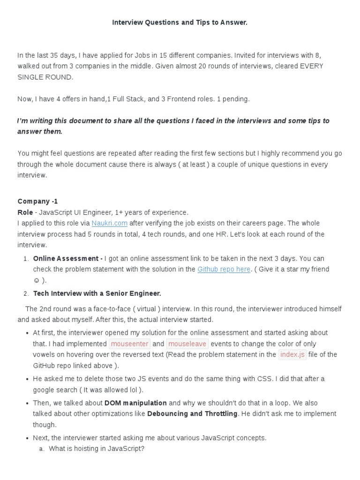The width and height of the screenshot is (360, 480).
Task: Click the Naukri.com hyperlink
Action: (110, 223)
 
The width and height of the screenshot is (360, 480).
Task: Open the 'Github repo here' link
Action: (224, 269)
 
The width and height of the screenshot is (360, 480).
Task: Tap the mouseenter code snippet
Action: (130, 344)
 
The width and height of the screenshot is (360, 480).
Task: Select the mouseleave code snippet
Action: (187, 344)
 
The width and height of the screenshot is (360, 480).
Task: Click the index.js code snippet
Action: (292, 354)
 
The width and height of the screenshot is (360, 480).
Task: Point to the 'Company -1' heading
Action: (38, 202)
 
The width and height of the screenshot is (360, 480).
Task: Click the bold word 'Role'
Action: (25, 212)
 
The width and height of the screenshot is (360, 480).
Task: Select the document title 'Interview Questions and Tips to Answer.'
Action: (180, 22)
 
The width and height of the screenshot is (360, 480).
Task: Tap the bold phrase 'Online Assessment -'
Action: (68, 258)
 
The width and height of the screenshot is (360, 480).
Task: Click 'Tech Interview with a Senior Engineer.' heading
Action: (97, 293)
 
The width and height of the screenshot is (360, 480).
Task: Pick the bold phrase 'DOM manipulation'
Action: (135, 403)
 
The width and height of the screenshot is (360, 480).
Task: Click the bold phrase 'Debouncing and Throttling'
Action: (192, 413)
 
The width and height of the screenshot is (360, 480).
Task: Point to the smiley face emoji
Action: (36, 280)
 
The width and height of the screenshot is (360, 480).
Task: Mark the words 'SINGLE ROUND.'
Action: (45, 77)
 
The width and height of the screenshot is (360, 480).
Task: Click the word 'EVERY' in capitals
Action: (312, 67)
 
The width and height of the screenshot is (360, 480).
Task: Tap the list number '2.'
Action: (26, 293)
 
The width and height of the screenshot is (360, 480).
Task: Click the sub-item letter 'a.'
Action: (42, 449)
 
